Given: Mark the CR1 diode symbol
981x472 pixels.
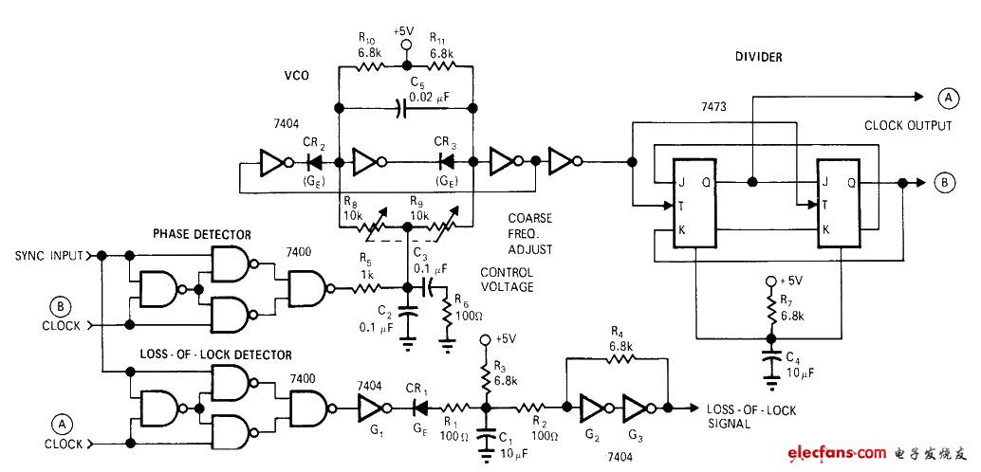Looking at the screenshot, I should tap(415, 408).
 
